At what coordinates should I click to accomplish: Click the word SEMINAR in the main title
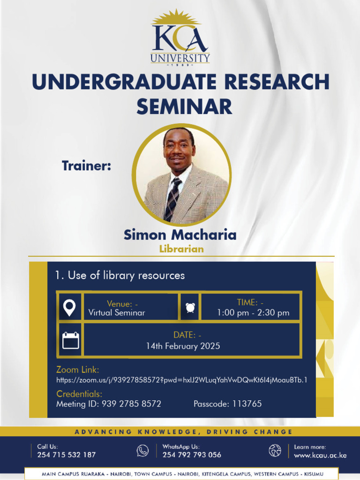pyautogui.click(x=184, y=106)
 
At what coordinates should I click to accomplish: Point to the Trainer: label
pyautogui.click(x=86, y=165)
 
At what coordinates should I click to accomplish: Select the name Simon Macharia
pyautogui.click(x=180, y=234)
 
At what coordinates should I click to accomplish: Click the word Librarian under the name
pyautogui.click(x=181, y=249)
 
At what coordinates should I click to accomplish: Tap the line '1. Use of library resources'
pyautogui.click(x=120, y=275)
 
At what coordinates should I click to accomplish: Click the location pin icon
pyautogui.click(x=69, y=307)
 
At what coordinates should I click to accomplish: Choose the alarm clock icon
pyautogui.click(x=190, y=307)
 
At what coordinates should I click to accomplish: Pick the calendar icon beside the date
pyautogui.click(x=71, y=340)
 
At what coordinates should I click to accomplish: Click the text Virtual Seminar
pyautogui.click(x=117, y=313)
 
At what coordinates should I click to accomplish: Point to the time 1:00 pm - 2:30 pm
pyautogui.click(x=253, y=313)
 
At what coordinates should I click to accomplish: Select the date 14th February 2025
pyautogui.click(x=183, y=346)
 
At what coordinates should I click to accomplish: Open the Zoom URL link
pyautogui.click(x=182, y=380)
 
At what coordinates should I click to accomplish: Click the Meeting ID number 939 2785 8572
pyautogui.click(x=131, y=404)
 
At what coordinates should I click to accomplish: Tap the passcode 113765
pyautogui.click(x=247, y=404)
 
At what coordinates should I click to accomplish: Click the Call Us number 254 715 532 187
pyautogui.click(x=67, y=455)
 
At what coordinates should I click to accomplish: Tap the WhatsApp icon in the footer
pyautogui.click(x=142, y=450)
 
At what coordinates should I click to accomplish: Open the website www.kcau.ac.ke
pyautogui.click(x=320, y=455)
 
